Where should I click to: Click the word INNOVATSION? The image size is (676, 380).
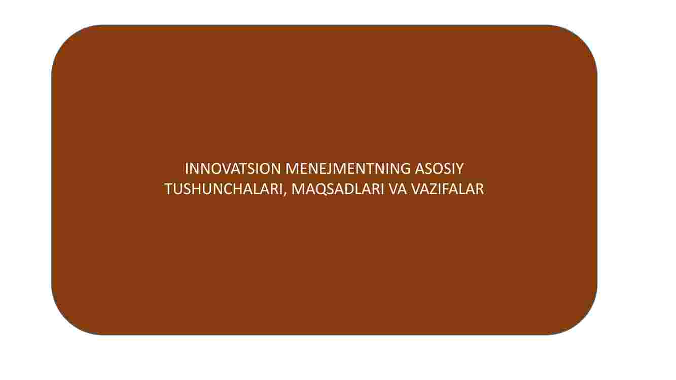click(233, 169)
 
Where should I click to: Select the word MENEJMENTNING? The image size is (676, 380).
click(348, 169)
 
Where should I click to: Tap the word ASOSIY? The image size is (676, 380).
click(439, 169)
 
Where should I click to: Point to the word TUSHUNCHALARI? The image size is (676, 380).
click(223, 189)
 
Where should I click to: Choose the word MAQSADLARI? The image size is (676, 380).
click(338, 189)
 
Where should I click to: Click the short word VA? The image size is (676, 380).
click(398, 189)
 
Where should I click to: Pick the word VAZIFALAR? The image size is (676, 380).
click(448, 189)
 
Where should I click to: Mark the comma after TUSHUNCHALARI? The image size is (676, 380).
click(284, 195)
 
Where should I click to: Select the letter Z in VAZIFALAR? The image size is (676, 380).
click(434, 189)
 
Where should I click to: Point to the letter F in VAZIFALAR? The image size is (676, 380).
click(447, 189)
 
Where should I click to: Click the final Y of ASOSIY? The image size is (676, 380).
click(459, 169)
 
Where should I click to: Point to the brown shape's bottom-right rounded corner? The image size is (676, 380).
click(583, 320)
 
